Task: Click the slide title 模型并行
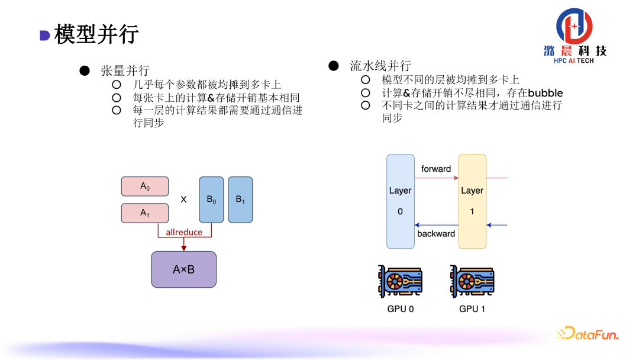[x=96, y=34]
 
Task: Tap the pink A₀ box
[x=145, y=187]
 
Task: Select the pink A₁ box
[x=145, y=213]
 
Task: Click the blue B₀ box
[x=211, y=200]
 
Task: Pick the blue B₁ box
[x=240, y=200]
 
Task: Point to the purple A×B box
[x=183, y=269]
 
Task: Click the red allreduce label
[x=184, y=232]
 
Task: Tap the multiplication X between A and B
[x=183, y=200]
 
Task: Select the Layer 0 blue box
[x=400, y=201]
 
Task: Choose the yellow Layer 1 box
[x=472, y=201]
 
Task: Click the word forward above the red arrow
[x=436, y=169]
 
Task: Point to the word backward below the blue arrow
[x=436, y=233]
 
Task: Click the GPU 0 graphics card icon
[x=400, y=281]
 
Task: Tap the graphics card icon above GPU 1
[x=472, y=281]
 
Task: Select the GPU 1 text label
[x=472, y=308]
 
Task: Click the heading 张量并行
[x=125, y=70]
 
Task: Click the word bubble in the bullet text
[x=545, y=93]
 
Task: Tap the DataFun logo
[x=588, y=334]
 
